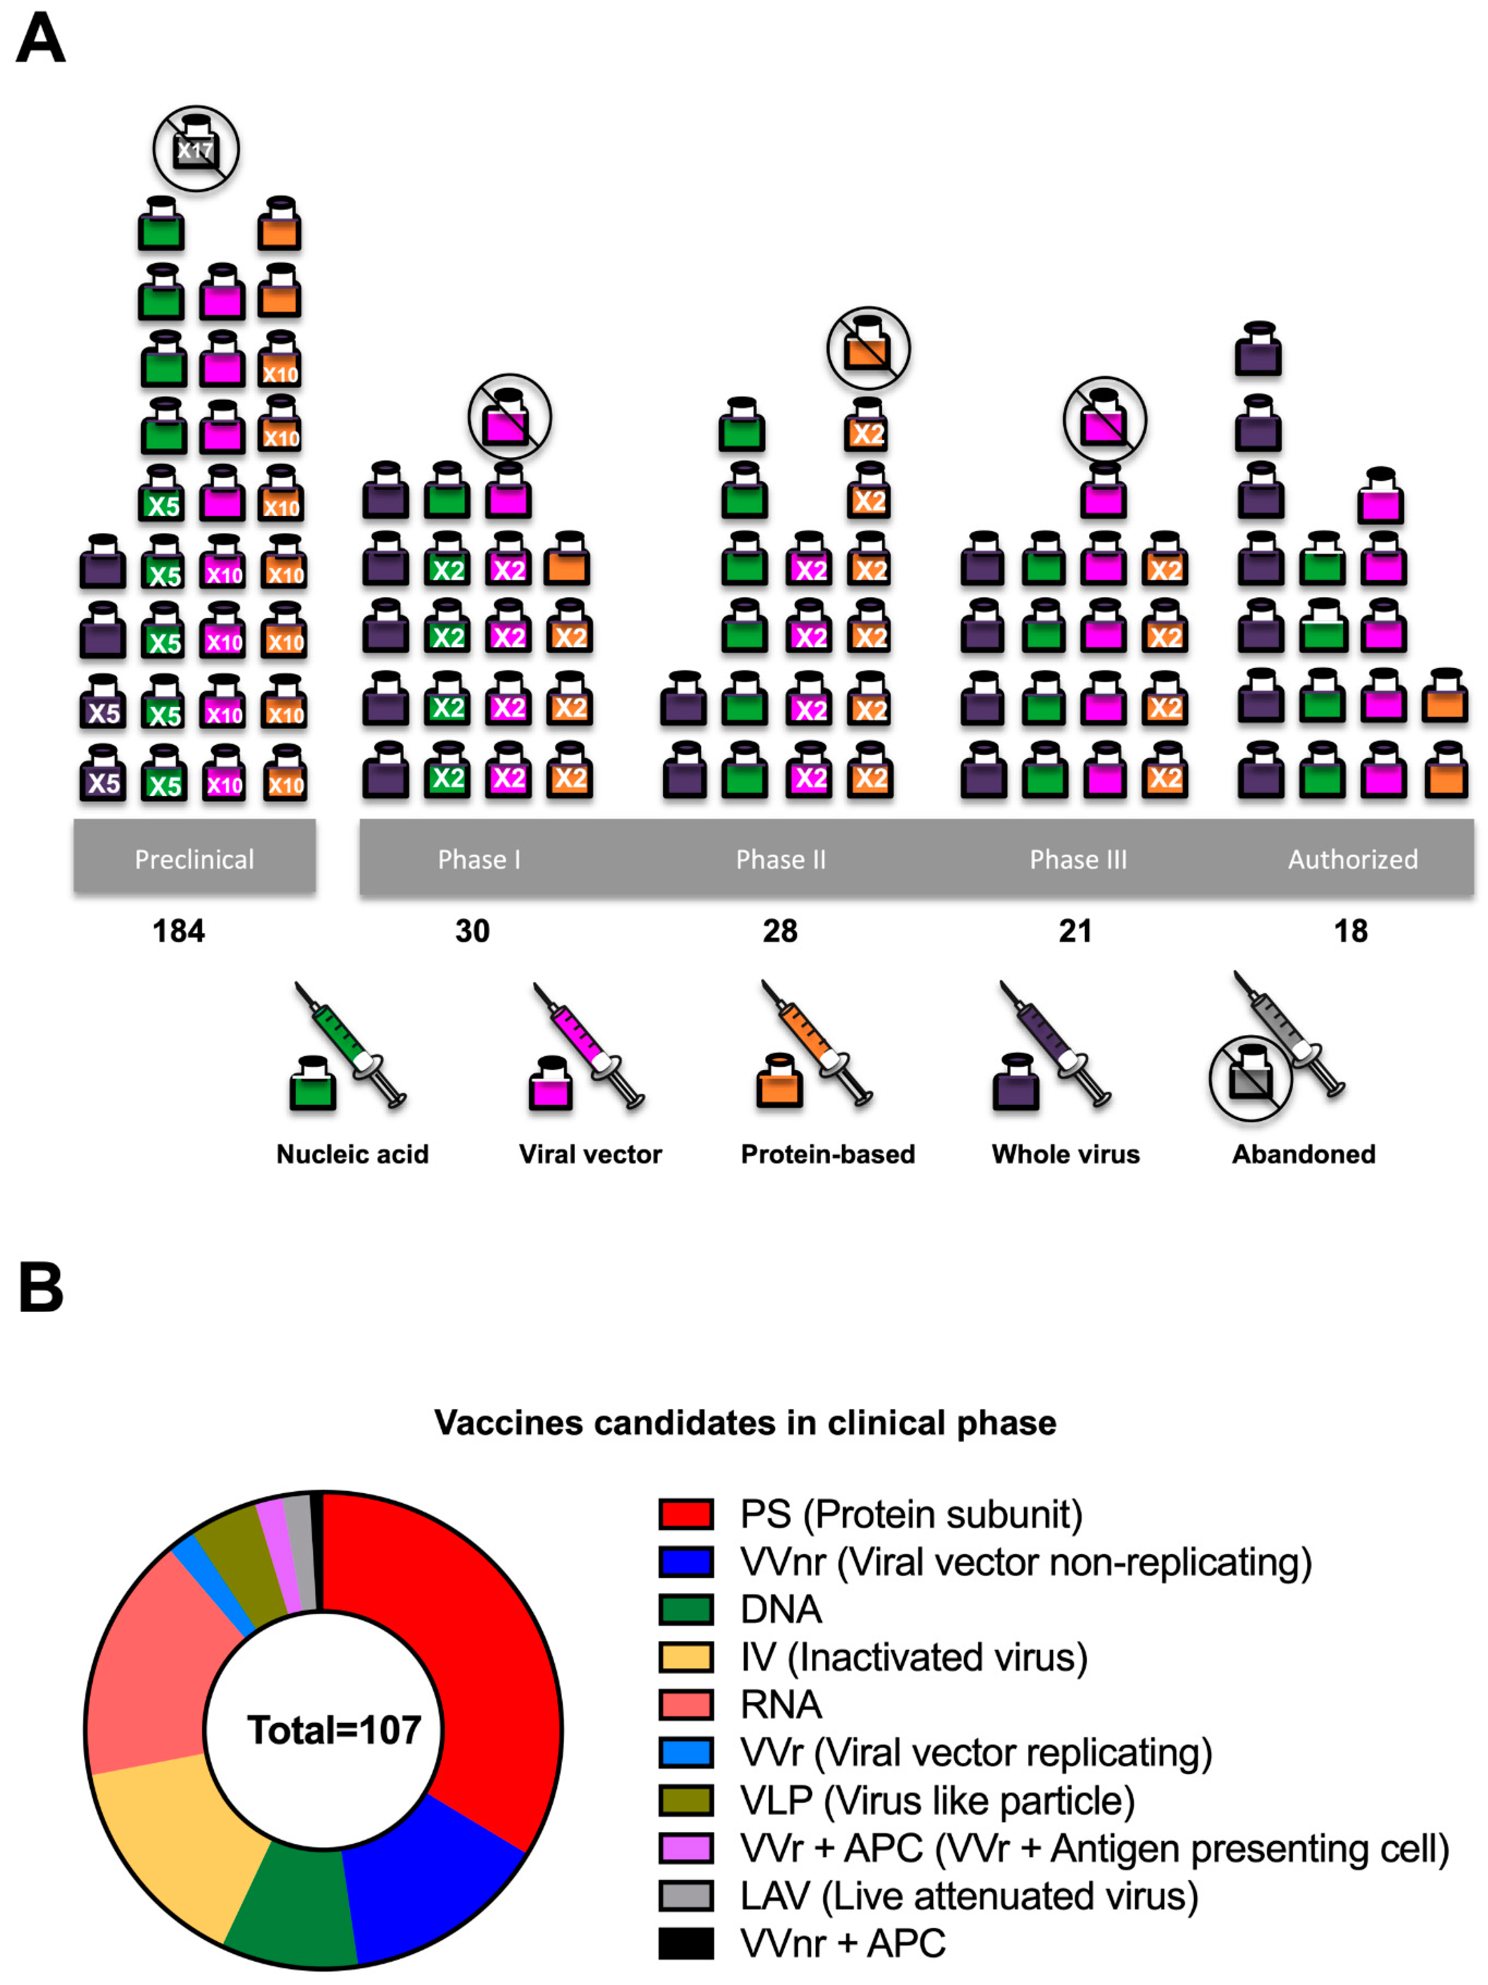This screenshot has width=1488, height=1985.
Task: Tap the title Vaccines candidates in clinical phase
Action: pyautogui.click(x=745, y=1423)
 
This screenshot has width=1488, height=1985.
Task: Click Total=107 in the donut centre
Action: pyautogui.click(x=334, y=1730)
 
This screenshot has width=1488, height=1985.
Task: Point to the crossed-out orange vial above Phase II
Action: pyautogui.click(x=868, y=348)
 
